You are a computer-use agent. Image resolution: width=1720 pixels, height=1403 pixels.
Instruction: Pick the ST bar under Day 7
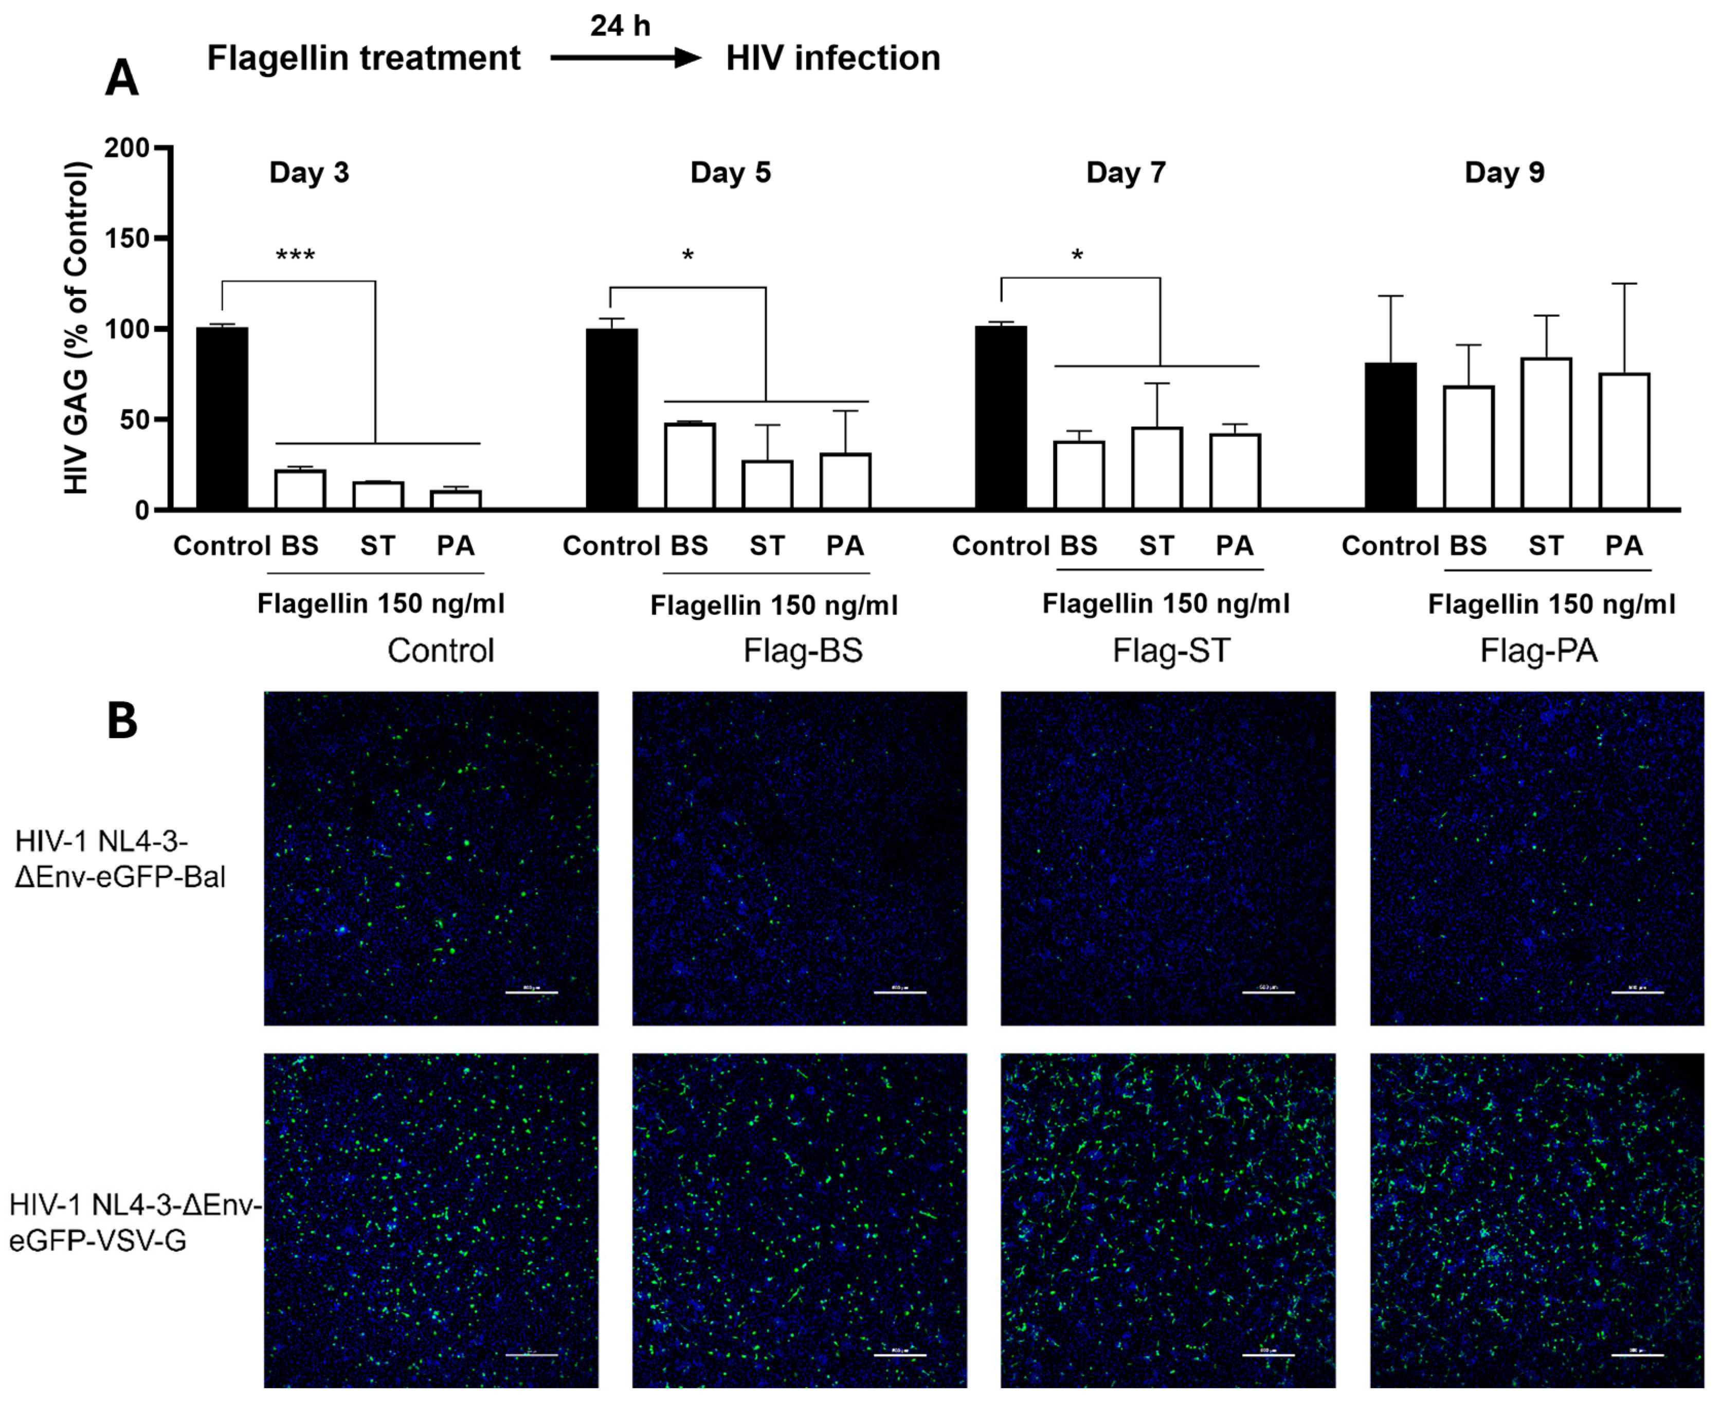pyautogui.click(x=1157, y=468)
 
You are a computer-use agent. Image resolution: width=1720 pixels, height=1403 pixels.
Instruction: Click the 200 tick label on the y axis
pyautogui.click(x=127, y=148)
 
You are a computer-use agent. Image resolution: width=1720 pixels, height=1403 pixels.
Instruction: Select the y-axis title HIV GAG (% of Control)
pyautogui.click(x=76, y=327)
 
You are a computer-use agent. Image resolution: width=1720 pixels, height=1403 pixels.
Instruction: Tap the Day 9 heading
pyautogui.click(x=1505, y=172)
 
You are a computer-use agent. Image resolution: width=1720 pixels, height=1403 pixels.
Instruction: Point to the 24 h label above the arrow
pyautogui.click(x=620, y=26)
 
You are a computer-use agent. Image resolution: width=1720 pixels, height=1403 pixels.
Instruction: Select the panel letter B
pyautogui.click(x=122, y=720)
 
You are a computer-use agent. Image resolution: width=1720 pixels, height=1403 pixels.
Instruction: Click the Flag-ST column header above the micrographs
pyautogui.click(x=1171, y=651)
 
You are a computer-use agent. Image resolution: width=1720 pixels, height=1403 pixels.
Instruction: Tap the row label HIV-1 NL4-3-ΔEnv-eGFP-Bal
pyautogui.click(x=120, y=859)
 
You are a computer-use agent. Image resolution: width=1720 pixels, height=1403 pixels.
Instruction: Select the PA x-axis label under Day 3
pyautogui.click(x=456, y=546)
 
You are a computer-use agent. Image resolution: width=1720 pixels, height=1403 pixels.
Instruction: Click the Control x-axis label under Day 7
pyautogui.click(x=1000, y=546)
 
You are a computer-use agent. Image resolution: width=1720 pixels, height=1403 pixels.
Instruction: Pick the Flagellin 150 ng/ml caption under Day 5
pyautogui.click(x=773, y=605)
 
